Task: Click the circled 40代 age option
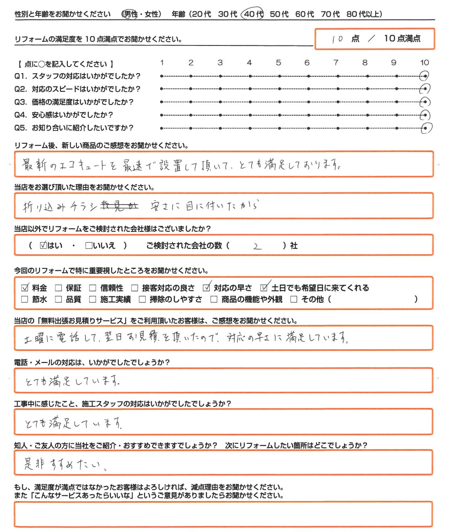pos(253,14)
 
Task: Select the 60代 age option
pos(304,14)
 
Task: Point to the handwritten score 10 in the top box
pos(337,39)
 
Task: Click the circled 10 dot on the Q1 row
pos(425,76)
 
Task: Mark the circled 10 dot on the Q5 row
pos(425,128)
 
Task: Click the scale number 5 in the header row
pos(278,63)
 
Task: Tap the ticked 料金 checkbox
pos(25,287)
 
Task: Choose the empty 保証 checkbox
pos(58,288)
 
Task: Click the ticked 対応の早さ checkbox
pos(207,287)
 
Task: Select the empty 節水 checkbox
pos(25,299)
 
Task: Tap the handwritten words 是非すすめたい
pos(66,464)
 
